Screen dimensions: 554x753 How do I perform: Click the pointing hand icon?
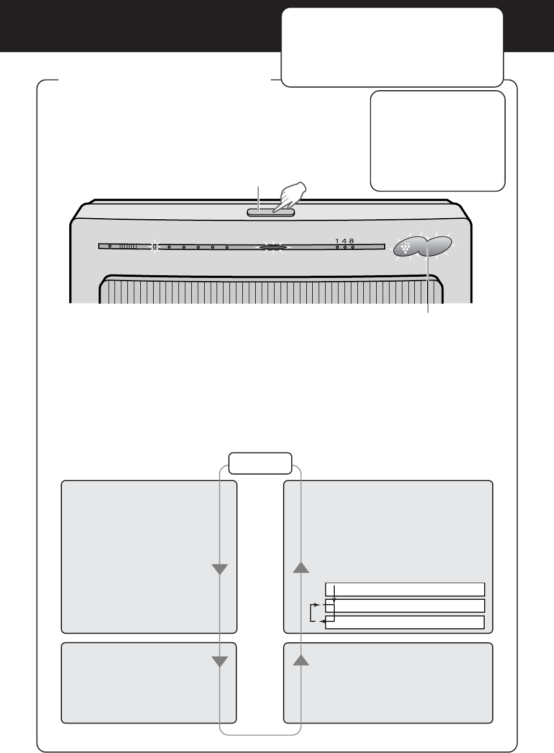(x=289, y=197)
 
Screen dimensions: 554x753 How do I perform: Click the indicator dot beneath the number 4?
(x=345, y=247)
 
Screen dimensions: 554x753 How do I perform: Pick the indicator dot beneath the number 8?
(x=352, y=247)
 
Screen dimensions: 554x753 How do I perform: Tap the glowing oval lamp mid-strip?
(x=273, y=248)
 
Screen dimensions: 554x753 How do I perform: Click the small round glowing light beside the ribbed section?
(x=154, y=247)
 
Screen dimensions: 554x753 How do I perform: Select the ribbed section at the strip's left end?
(x=128, y=247)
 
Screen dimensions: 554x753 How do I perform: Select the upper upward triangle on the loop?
(x=301, y=568)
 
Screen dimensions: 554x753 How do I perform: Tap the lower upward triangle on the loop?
(x=301, y=660)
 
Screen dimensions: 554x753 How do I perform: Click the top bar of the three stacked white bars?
(x=405, y=589)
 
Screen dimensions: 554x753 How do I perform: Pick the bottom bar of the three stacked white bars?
(x=405, y=622)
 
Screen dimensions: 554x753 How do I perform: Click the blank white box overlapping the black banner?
(x=392, y=47)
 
